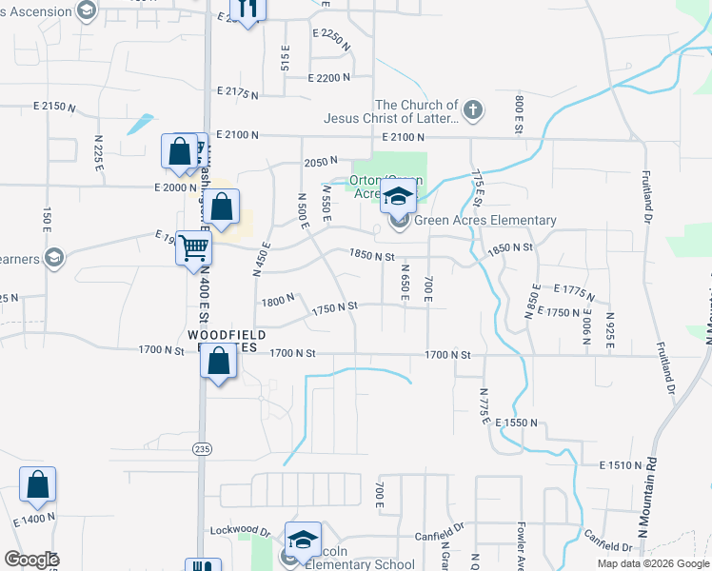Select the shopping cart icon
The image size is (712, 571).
coord(193,247)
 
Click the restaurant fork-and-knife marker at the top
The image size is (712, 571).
coord(247,9)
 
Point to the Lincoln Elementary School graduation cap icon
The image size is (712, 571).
coord(303,540)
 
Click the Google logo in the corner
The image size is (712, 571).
coord(30,559)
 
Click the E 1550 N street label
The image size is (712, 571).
coord(515,422)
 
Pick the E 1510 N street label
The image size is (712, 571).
coord(623,465)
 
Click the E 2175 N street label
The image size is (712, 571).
coord(238,91)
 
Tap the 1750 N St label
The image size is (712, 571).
coord(334,306)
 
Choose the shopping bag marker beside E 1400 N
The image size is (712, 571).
coord(37,485)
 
